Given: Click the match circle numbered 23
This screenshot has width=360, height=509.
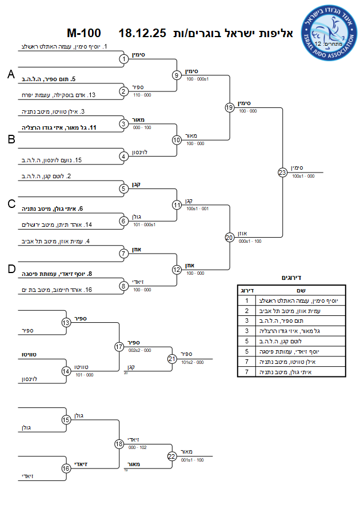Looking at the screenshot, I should pyautogui.click(x=282, y=172).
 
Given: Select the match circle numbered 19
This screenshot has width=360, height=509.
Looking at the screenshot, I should pyautogui.click(x=229, y=107).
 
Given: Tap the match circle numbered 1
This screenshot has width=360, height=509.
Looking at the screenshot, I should pyautogui.click(x=123, y=59).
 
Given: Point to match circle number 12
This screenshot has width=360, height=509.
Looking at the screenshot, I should pyautogui.click(x=177, y=269).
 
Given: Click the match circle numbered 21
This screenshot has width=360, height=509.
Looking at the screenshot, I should pyautogui.click(x=172, y=359).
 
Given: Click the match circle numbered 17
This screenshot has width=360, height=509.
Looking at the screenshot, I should pyautogui.click(x=119, y=346).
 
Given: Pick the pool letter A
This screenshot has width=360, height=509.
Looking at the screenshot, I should pyautogui.click(x=10, y=75).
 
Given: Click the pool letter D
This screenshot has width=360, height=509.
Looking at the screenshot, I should pyautogui.click(x=10, y=269).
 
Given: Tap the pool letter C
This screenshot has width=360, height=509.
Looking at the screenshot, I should pyautogui.click(x=11, y=204).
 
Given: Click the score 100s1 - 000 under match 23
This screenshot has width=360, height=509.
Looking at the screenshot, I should pyautogui.click(x=303, y=177).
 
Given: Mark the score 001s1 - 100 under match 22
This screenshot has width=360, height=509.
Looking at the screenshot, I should pyautogui.click(x=191, y=459).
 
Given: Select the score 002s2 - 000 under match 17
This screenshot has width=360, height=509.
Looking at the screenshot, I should pyautogui.click(x=139, y=350).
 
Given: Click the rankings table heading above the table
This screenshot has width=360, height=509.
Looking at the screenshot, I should pyautogui.click(x=291, y=278).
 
